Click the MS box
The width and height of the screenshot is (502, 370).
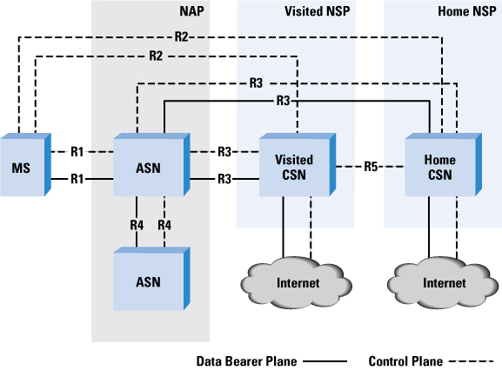click(25, 164)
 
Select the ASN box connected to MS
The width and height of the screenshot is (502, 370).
click(151, 164)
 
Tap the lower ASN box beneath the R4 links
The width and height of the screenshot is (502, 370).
click(151, 279)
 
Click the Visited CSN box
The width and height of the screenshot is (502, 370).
click(298, 164)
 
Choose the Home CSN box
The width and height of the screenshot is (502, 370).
click(444, 164)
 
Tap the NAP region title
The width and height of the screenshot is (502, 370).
click(191, 11)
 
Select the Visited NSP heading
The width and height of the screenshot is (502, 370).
click(317, 11)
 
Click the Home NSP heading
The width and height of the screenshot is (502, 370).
click(467, 11)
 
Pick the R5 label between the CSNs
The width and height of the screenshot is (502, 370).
click(371, 167)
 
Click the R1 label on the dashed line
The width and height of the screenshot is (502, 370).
click(77, 152)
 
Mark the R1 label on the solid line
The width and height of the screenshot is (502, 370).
click(77, 179)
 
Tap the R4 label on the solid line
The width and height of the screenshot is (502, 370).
click(137, 225)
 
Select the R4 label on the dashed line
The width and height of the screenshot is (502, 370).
click(164, 225)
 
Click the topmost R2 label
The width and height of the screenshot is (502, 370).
click(181, 36)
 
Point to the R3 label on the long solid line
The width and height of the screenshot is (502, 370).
click(283, 101)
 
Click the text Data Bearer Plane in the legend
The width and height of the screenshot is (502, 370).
click(246, 361)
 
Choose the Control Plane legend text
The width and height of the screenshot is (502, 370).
click(405, 361)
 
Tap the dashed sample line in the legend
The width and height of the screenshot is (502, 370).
click(471, 361)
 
